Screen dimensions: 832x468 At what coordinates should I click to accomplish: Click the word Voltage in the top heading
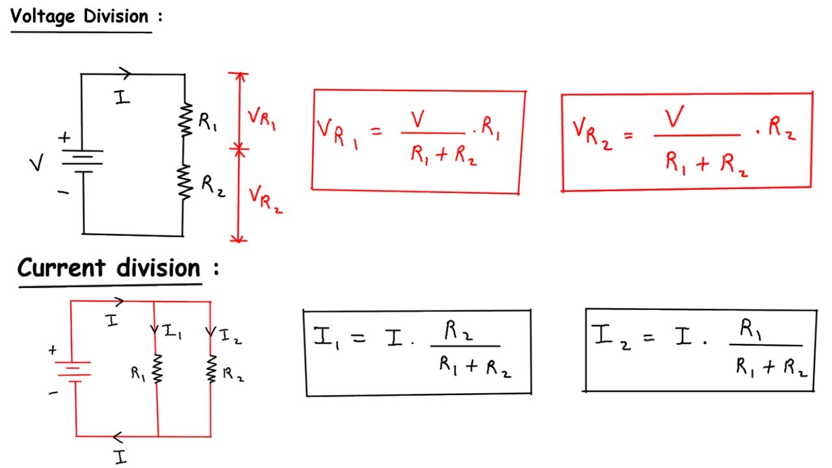tap(43, 17)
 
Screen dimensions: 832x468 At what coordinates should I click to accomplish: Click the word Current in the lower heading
tap(62, 267)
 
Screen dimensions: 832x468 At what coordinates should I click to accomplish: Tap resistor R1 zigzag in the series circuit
tap(185, 120)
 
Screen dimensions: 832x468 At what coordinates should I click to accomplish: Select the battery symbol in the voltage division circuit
tap(83, 162)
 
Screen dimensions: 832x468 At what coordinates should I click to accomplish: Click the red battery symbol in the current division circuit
tap(73, 371)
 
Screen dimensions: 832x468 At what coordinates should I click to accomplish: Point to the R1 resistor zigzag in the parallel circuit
tap(157, 369)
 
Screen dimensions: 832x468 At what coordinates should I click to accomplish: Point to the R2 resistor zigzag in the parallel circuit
tap(211, 369)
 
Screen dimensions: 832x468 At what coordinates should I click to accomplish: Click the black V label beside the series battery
tap(37, 162)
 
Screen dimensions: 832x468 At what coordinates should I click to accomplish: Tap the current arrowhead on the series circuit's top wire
tap(125, 73)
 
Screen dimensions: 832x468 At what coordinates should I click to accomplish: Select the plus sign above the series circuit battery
tap(64, 137)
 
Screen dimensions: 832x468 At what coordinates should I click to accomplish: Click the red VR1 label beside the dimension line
tap(262, 118)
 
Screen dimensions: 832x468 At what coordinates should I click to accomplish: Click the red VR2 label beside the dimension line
tap(265, 200)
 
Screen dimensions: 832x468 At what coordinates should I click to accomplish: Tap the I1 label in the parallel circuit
tap(173, 331)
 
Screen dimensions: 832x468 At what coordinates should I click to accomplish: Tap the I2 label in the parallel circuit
tap(231, 336)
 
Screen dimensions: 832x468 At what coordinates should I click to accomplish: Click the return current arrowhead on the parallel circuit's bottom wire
tap(118, 437)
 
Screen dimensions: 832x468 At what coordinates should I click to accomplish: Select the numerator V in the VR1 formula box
tap(417, 119)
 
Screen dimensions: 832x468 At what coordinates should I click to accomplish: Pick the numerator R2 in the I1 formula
tap(458, 331)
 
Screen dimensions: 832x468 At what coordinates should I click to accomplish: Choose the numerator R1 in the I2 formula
tap(750, 329)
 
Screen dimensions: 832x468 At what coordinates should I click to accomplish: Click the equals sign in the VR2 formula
tap(629, 135)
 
